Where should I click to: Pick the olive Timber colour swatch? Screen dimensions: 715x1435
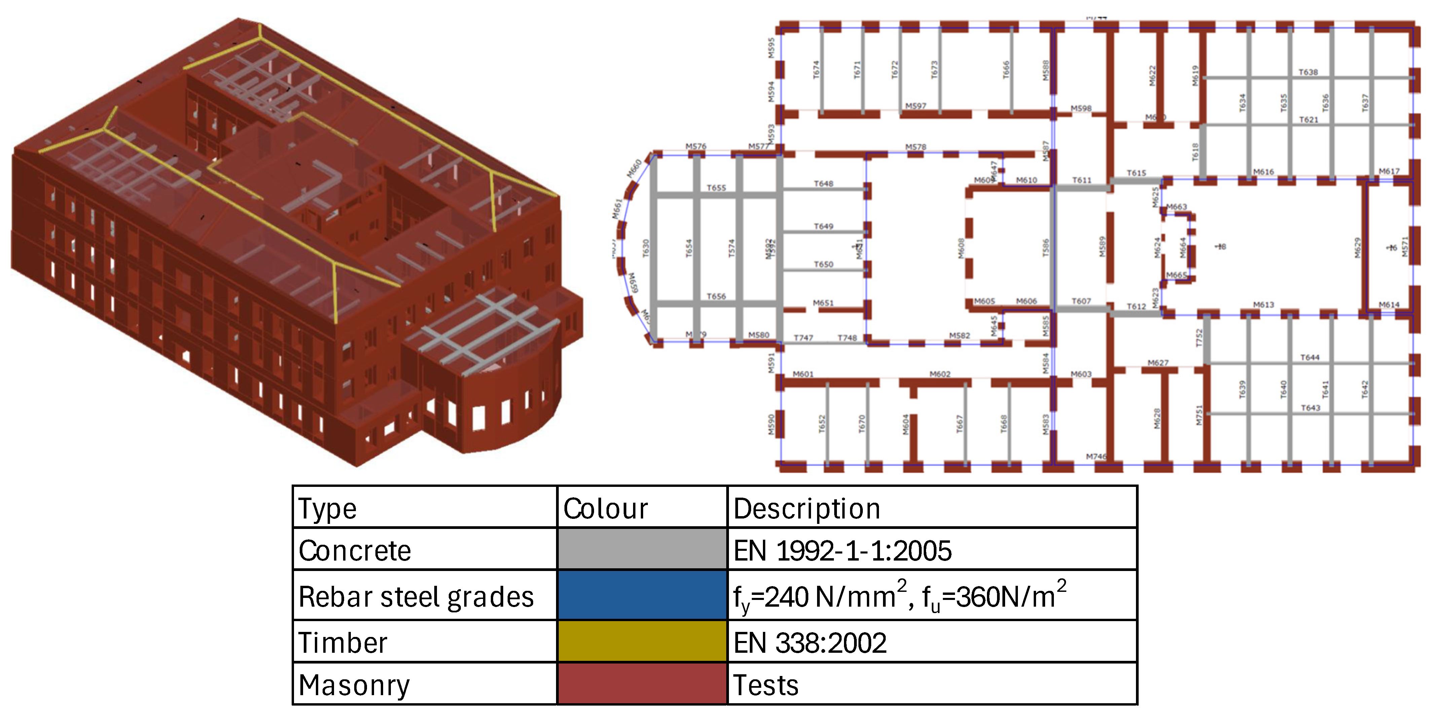pyautogui.click(x=642, y=641)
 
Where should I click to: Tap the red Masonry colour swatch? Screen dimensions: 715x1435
pyautogui.click(x=642, y=684)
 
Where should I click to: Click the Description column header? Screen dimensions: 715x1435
pyautogui.click(x=807, y=508)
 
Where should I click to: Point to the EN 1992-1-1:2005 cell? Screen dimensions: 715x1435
pyautogui.click(x=842, y=550)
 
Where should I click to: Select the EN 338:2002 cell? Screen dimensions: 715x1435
pyautogui.click(x=810, y=643)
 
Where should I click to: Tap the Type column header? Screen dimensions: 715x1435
pyautogui.click(x=328, y=508)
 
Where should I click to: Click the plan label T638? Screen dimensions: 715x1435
pyautogui.click(x=1308, y=72)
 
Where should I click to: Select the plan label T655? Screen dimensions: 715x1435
pyautogui.click(x=716, y=188)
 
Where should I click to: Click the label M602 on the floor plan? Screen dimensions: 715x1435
pyautogui.click(x=940, y=374)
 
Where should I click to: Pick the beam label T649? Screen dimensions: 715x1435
pyautogui.click(x=823, y=226)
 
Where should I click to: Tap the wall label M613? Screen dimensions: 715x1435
pyautogui.click(x=1263, y=305)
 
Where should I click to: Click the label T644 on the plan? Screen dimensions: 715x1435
pyautogui.click(x=1310, y=357)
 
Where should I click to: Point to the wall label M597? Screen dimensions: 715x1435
pyautogui.click(x=916, y=106)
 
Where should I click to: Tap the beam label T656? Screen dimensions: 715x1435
pyautogui.click(x=716, y=296)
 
